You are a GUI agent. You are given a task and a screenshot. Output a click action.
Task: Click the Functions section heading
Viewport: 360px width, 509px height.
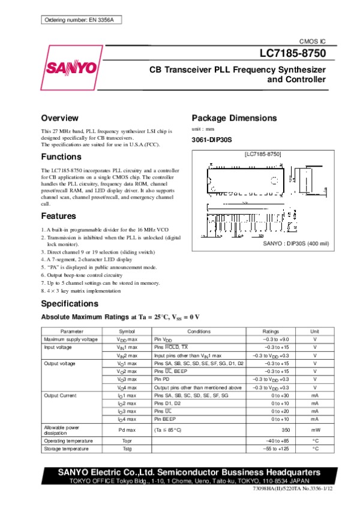point(61,156)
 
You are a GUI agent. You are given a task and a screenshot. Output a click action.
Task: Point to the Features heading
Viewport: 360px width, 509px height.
point(58,216)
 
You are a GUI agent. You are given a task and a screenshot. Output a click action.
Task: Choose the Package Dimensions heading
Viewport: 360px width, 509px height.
point(233,118)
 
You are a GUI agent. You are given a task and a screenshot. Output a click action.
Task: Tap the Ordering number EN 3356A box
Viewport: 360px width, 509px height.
point(83,21)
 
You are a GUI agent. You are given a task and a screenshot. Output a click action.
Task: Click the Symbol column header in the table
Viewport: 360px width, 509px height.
point(127,331)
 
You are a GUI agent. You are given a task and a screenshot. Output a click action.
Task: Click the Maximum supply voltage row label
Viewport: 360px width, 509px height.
point(70,339)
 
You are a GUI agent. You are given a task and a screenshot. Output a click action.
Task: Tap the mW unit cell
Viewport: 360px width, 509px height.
point(314,430)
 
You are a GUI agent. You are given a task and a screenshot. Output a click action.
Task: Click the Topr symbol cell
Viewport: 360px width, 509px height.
point(127,441)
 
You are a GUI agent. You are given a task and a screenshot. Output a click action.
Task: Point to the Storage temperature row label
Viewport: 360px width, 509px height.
point(67,448)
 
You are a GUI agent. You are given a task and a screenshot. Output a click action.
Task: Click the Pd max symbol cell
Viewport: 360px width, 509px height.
point(127,430)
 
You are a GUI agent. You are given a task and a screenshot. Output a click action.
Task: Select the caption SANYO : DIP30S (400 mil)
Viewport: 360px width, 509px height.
point(292,244)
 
